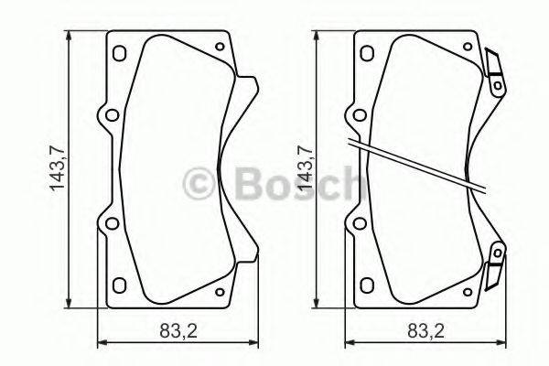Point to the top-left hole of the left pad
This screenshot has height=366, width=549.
click(x=117, y=52)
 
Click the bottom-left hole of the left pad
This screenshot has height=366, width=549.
click(x=117, y=284)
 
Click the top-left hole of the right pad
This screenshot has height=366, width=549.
click(x=363, y=52)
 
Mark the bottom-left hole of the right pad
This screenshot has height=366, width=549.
click(x=363, y=284)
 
